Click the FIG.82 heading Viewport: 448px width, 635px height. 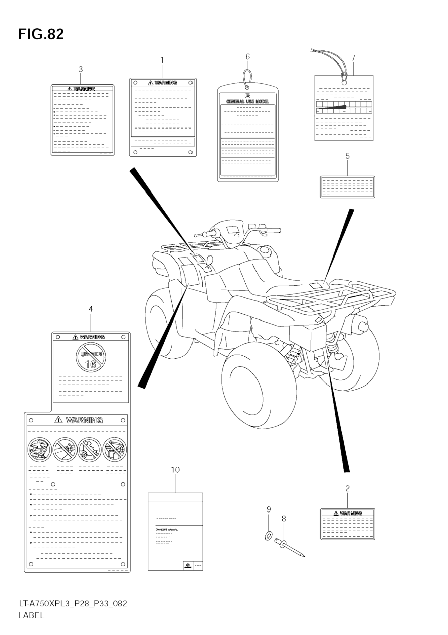[41, 34]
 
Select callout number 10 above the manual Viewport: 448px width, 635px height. [175, 470]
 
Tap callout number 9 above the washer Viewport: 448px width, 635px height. [268, 509]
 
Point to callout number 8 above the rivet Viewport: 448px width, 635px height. [284, 519]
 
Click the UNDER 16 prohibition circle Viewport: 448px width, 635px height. [91, 357]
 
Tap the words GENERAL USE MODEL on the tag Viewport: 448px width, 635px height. [248, 102]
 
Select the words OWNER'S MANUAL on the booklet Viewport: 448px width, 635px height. [166, 530]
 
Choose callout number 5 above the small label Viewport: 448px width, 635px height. [347, 156]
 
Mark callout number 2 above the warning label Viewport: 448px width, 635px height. [347, 488]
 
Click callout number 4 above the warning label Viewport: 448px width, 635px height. [91, 309]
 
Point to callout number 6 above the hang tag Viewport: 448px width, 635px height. [248, 57]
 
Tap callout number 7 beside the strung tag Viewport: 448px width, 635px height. [353, 58]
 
